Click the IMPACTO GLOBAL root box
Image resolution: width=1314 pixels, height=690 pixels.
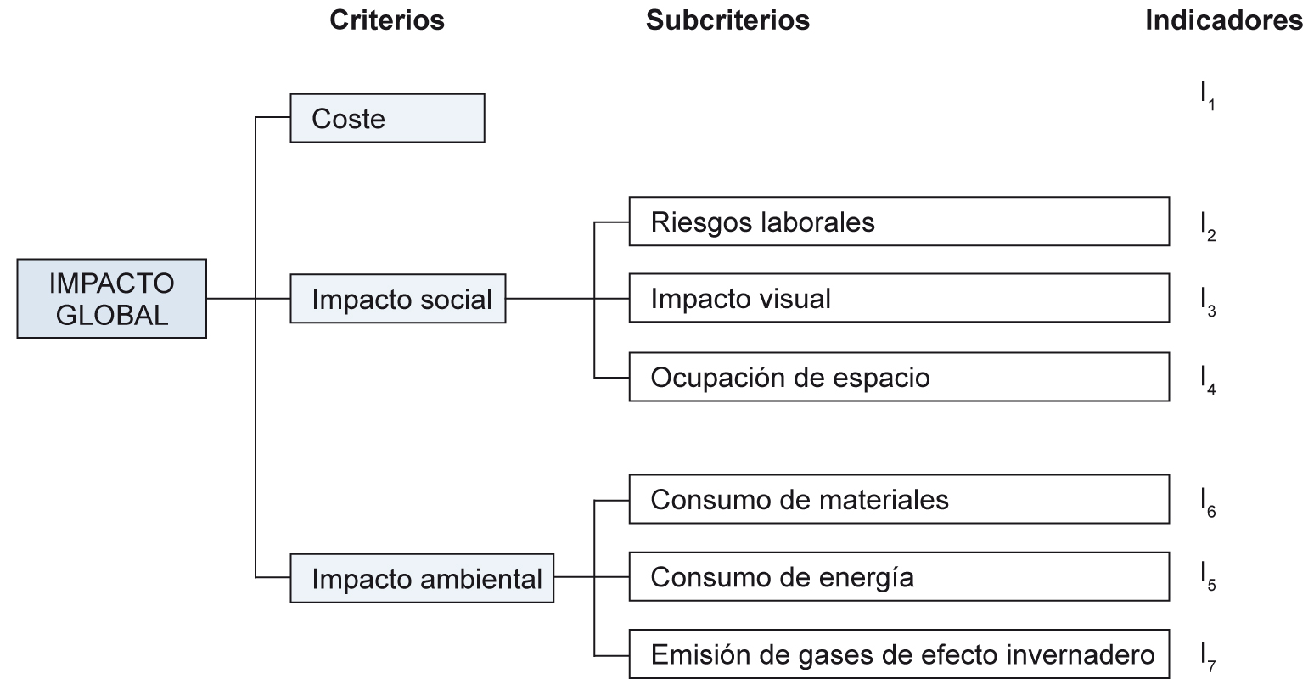(111, 299)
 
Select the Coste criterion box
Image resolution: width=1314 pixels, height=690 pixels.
(387, 118)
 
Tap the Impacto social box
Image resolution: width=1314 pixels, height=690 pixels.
(398, 299)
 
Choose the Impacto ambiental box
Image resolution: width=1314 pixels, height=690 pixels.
(422, 579)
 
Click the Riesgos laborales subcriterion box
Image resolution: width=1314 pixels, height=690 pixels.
(899, 222)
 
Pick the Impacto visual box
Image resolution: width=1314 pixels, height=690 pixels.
(899, 298)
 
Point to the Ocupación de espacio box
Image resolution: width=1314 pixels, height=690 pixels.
(899, 377)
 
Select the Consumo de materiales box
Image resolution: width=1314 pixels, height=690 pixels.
(899, 499)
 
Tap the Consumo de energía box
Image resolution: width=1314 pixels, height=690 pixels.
(899, 577)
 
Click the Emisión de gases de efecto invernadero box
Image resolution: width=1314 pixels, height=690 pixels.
(899, 654)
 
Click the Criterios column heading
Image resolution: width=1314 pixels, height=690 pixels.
(387, 20)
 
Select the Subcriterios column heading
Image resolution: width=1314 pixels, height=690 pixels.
(727, 20)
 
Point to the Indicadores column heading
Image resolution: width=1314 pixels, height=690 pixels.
(1224, 20)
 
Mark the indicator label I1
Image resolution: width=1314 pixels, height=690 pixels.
(1208, 96)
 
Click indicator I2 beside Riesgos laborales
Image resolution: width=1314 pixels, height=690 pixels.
(1208, 227)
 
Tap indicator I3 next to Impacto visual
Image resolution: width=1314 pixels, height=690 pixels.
(1208, 302)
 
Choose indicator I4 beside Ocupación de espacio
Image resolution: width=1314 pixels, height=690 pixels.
(1208, 380)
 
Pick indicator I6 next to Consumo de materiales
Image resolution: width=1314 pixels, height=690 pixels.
(1208, 502)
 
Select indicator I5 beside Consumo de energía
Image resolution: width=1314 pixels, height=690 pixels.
(1208, 576)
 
